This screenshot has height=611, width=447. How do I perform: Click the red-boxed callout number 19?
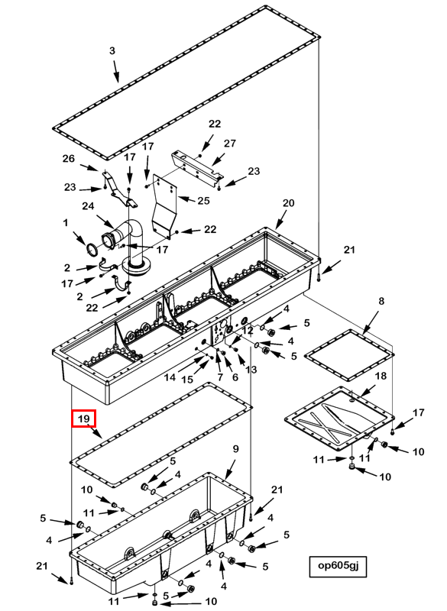(x=84, y=419)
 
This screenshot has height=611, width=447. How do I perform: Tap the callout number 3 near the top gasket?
(x=112, y=50)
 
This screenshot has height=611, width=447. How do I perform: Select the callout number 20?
(x=288, y=203)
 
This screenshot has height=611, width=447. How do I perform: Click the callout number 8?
(x=381, y=301)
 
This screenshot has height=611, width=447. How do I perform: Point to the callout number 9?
(x=235, y=449)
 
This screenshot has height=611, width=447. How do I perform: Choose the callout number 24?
(x=88, y=205)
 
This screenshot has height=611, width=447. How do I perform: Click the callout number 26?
(x=69, y=159)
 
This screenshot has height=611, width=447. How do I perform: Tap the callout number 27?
(x=230, y=144)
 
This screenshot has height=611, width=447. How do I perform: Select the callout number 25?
(x=203, y=200)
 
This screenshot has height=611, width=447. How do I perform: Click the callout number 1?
(x=66, y=222)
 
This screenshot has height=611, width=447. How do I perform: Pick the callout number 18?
(x=381, y=376)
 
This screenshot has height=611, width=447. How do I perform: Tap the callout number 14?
(x=170, y=377)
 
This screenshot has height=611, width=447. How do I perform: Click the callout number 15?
(x=187, y=379)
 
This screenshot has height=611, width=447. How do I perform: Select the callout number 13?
(x=251, y=369)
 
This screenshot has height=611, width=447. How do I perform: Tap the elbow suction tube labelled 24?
(x=128, y=245)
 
